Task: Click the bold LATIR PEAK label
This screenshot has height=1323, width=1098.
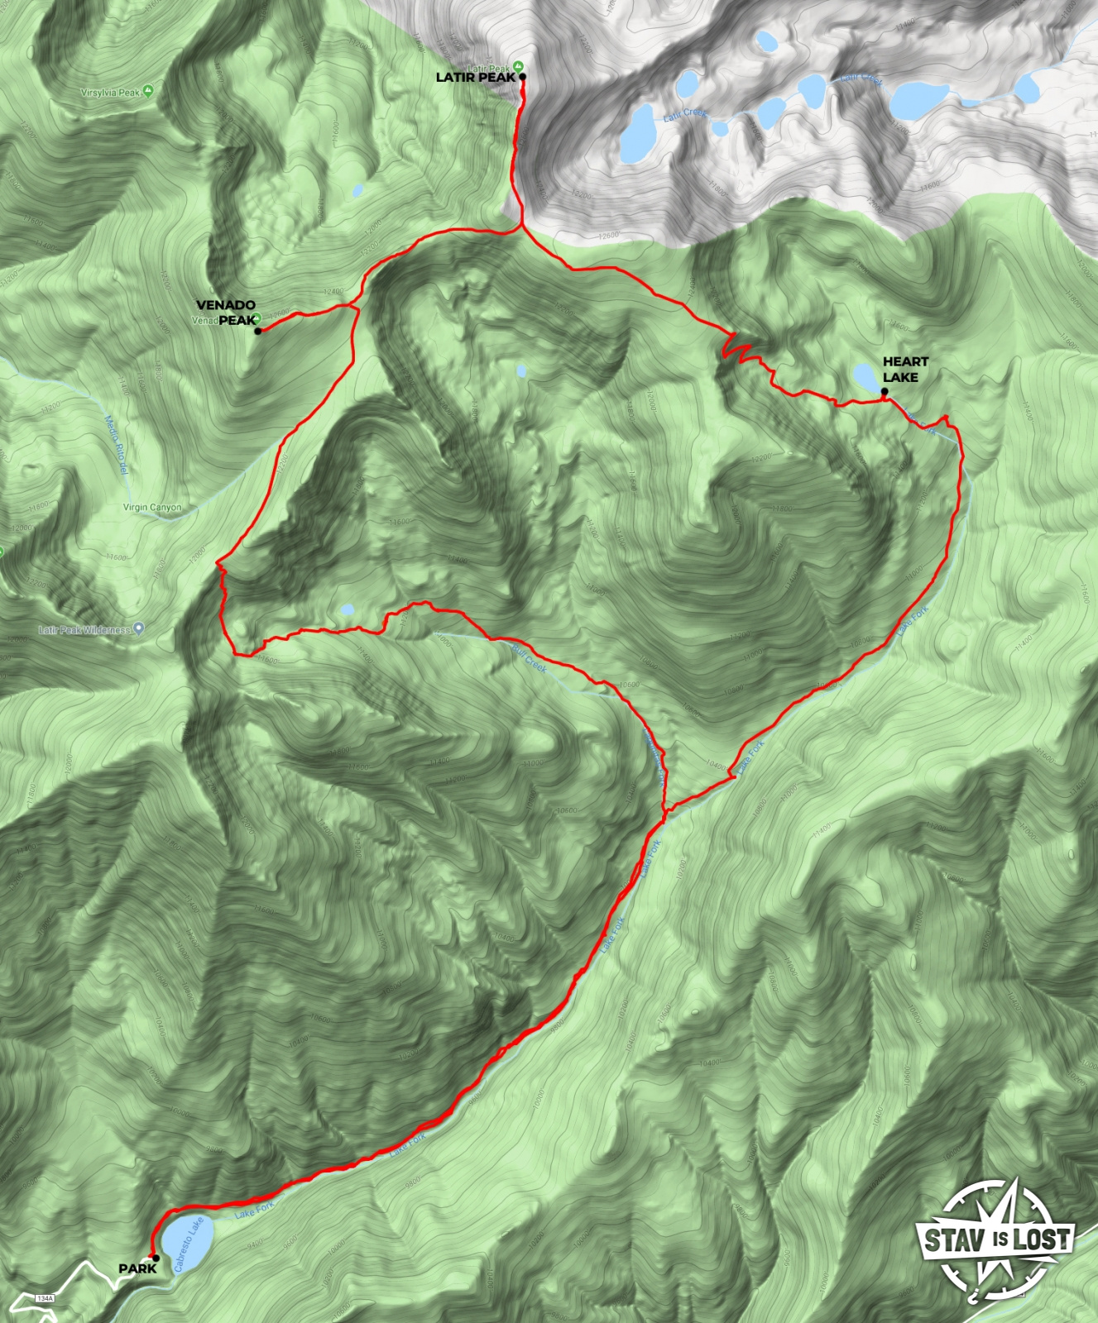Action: pyautogui.click(x=475, y=78)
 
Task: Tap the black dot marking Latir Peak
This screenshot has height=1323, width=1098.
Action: pyautogui.click(x=522, y=78)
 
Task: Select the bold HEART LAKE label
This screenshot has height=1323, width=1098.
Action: pyautogui.click(x=905, y=370)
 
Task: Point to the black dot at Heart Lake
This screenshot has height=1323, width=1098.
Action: pyautogui.click(x=885, y=392)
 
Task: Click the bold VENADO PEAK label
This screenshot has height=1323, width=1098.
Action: pyautogui.click(x=226, y=313)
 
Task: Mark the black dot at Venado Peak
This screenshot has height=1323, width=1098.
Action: pyautogui.click(x=258, y=332)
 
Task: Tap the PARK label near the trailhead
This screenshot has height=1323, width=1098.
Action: pyautogui.click(x=137, y=1268)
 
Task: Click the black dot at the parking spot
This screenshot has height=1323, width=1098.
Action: pyautogui.click(x=156, y=1258)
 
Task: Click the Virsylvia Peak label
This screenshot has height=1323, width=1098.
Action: pyautogui.click(x=111, y=93)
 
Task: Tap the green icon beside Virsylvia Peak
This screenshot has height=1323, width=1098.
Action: pyautogui.click(x=148, y=90)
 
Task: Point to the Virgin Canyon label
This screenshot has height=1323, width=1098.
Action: pyautogui.click(x=152, y=508)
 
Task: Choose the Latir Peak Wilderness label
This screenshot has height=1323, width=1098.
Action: pyautogui.click(x=84, y=630)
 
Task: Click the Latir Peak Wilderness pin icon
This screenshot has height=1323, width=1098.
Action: pyautogui.click(x=139, y=628)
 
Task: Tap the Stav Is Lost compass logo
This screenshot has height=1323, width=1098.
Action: pyautogui.click(x=997, y=1239)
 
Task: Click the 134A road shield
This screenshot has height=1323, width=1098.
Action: pyautogui.click(x=45, y=1299)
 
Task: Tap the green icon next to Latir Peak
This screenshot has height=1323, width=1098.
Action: pyautogui.click(x=518, y=66)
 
